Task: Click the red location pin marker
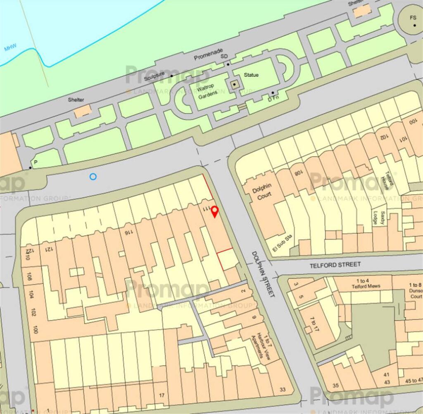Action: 214,212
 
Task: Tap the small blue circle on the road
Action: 93,177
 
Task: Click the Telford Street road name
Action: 335,264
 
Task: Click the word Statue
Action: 251,75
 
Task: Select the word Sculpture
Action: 154,78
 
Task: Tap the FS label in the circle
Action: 413,18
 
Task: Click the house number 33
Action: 283,389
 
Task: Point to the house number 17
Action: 162,395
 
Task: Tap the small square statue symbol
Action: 235,85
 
